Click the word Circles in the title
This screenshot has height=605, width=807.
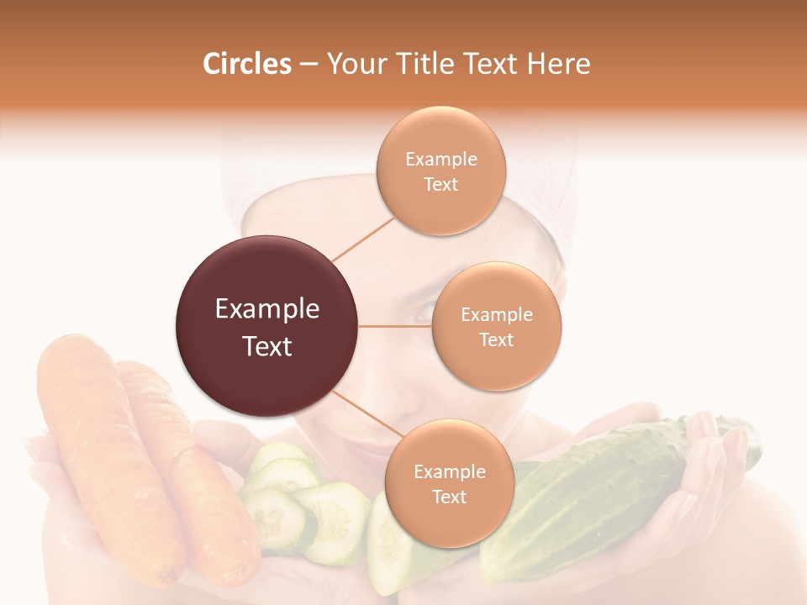247,64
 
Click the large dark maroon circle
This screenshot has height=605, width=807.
266,326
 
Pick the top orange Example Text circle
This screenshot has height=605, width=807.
440,171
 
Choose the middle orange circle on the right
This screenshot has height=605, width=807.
496,326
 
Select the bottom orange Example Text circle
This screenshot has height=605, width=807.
449,483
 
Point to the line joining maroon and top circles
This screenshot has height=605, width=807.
363,238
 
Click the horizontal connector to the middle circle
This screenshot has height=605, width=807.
395,326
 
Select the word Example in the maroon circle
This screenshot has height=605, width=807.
266,309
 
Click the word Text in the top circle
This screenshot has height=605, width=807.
440,184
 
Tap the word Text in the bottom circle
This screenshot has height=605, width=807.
449,497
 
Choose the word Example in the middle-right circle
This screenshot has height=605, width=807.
496,314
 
